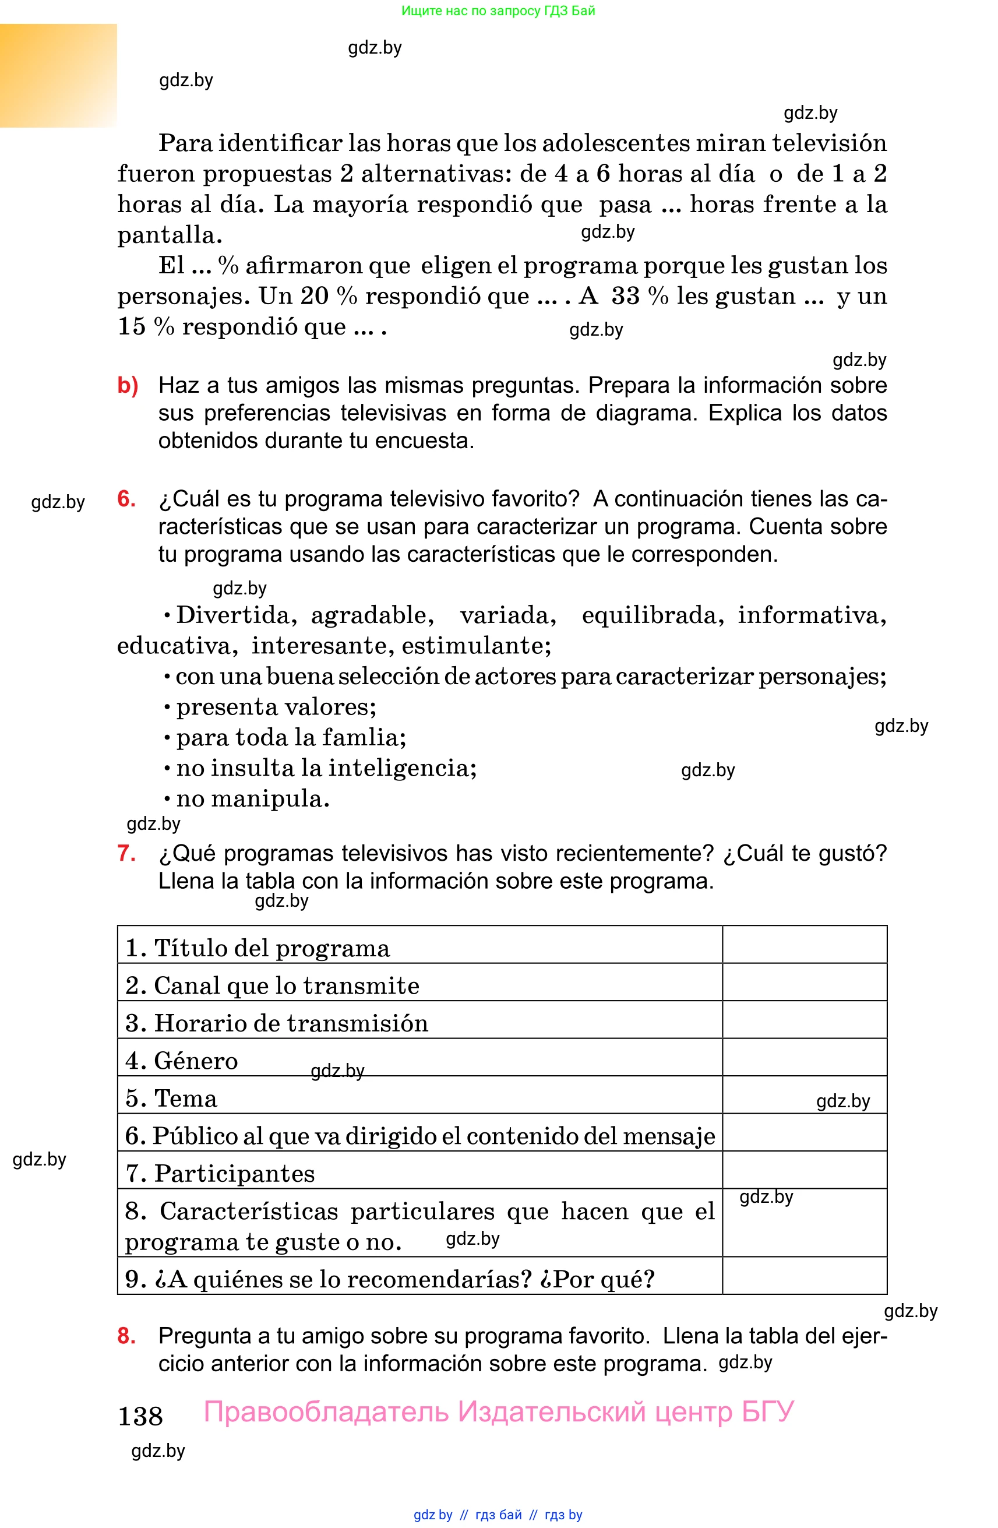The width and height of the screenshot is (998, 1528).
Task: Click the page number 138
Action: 140,1416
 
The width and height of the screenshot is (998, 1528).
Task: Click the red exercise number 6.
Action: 126,499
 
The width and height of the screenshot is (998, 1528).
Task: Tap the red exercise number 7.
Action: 126,853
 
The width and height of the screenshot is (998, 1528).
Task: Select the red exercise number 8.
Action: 126,1335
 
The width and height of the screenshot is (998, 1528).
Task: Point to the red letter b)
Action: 128,385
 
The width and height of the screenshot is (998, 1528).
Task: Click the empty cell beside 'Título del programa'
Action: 804,945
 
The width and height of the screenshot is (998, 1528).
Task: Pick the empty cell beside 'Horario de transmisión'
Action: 804,1019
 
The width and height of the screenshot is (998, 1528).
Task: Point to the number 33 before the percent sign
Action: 626,296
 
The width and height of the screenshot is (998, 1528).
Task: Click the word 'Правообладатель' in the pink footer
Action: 326,1412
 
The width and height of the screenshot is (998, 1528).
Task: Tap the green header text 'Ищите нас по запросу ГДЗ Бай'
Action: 498,11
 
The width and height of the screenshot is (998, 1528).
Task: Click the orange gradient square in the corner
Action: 58,75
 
